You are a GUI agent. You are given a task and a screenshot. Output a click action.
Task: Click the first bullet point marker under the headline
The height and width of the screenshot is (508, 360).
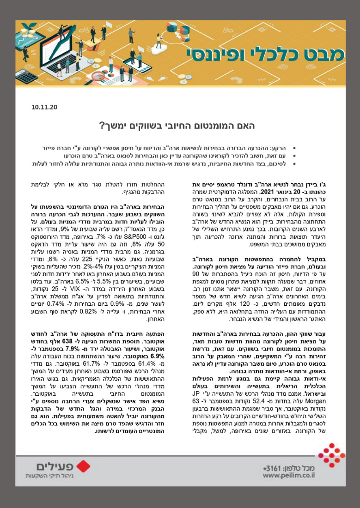295,151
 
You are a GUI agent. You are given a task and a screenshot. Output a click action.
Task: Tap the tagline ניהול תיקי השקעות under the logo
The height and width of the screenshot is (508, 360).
49,477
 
